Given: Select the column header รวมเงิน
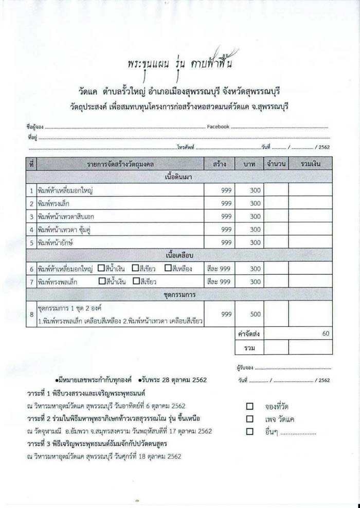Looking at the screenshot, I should pos(310,164).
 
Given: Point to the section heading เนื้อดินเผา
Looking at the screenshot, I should pos(179,177).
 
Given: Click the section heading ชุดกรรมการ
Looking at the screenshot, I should pos(179,294).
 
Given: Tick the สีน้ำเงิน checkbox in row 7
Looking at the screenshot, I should pos(102,282).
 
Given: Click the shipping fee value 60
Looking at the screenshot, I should pos(325,334).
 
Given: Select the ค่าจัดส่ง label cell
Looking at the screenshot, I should pos(248,334).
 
